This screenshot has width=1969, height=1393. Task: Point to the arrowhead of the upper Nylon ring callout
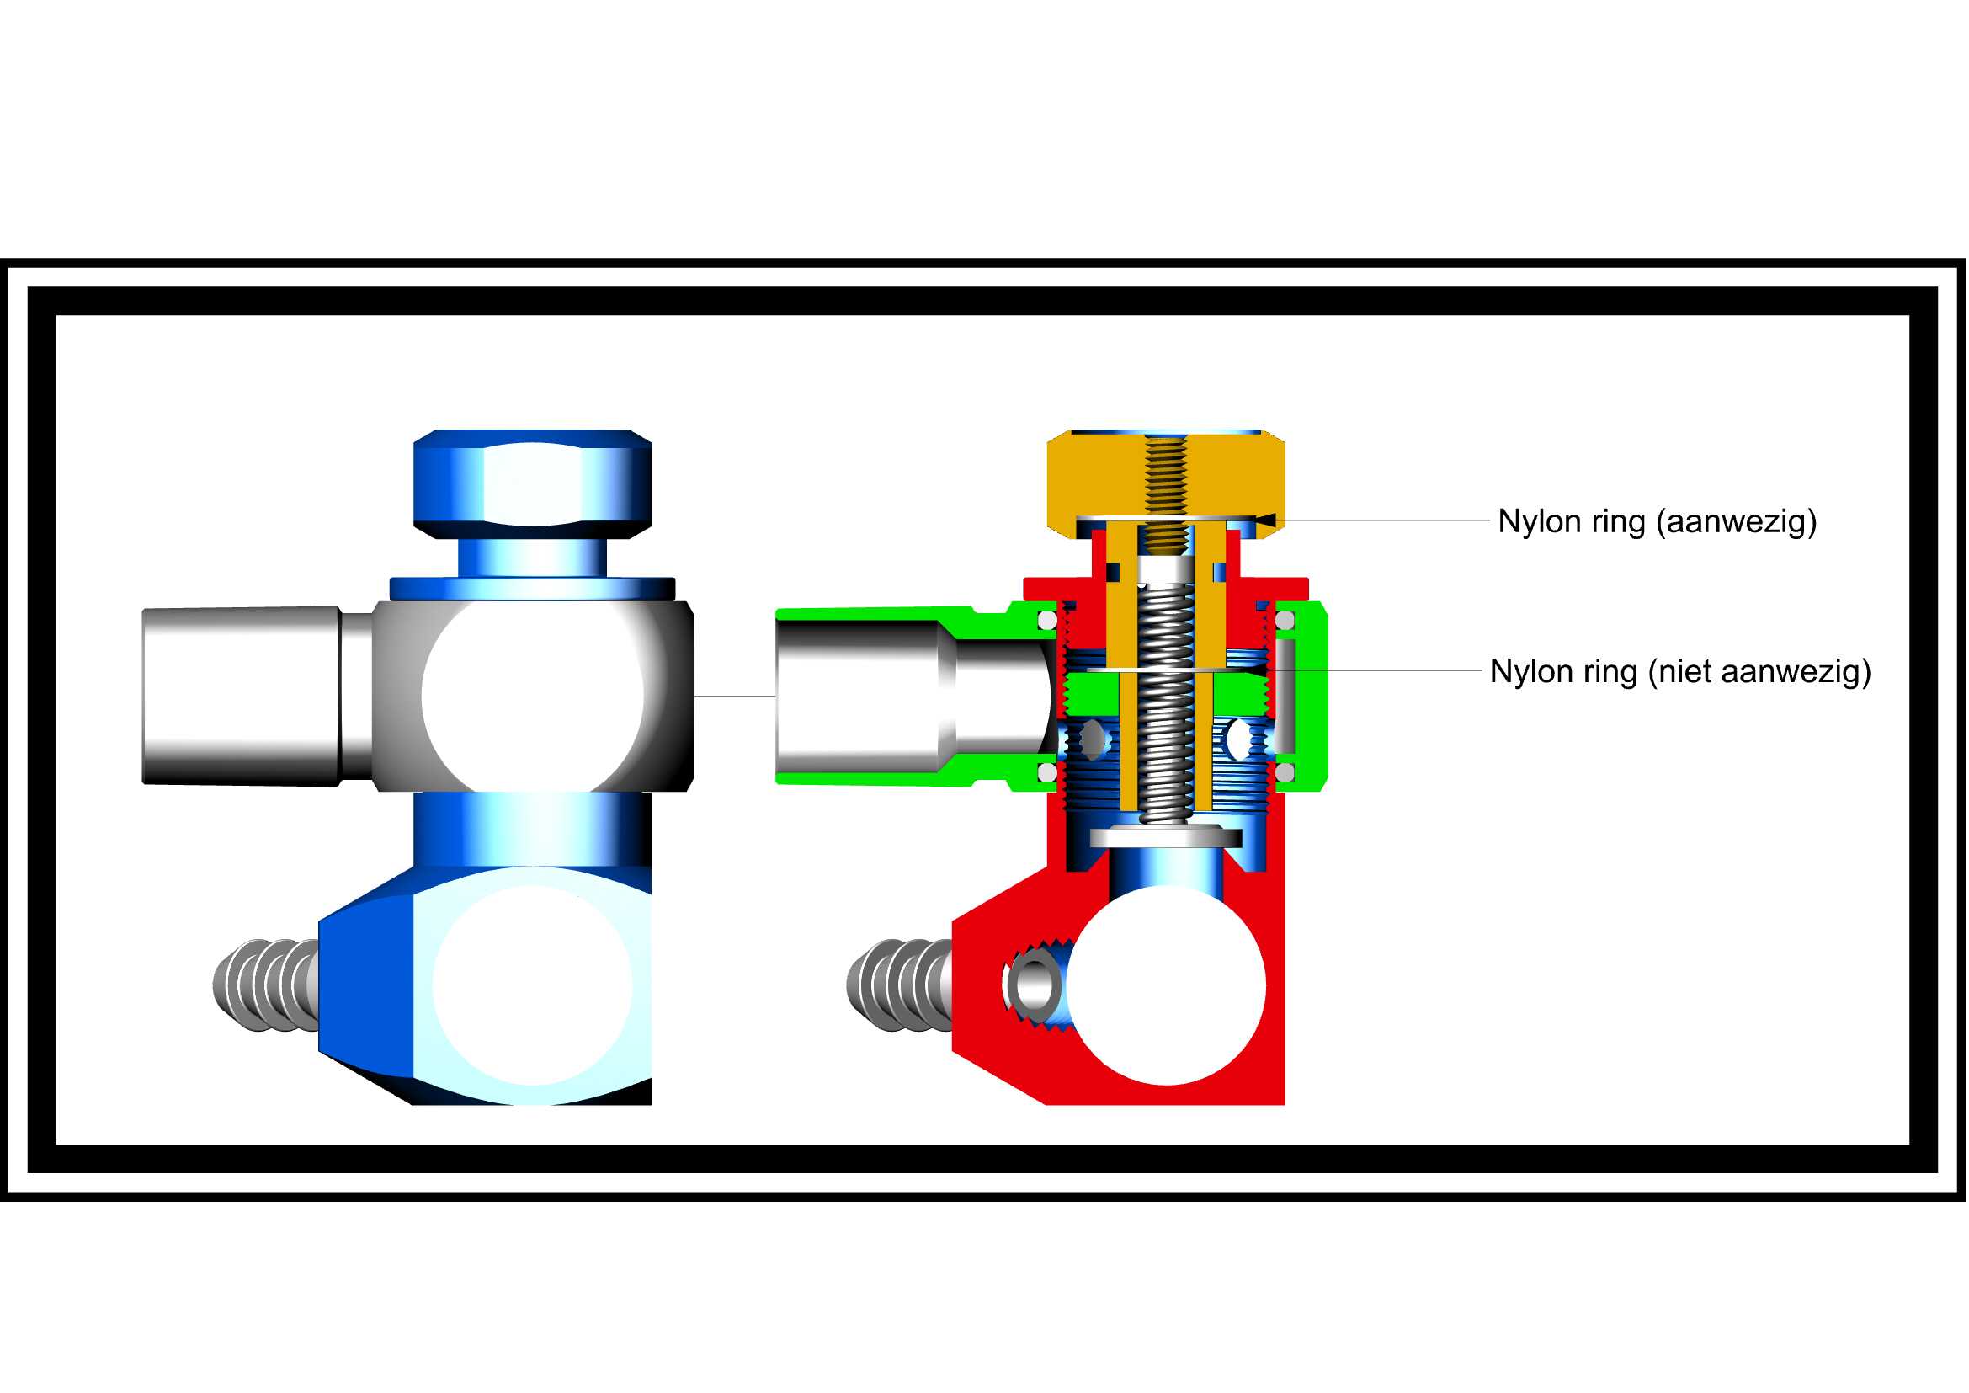point(1265,520)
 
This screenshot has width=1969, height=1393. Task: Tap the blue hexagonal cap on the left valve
point(533,483)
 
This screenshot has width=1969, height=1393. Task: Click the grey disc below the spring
point(1166,837)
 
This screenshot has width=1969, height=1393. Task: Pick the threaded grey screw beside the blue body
point(266,985)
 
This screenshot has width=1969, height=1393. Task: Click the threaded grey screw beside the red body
point(900,985)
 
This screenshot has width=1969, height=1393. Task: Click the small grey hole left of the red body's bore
point(1034,985)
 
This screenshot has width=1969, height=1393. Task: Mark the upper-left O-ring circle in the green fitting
point(1048,620)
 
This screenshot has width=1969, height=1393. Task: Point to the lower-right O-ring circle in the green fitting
point(1285,773)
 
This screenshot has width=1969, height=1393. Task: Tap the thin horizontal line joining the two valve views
point(735,696)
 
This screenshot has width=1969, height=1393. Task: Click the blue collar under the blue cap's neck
point(533,590)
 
